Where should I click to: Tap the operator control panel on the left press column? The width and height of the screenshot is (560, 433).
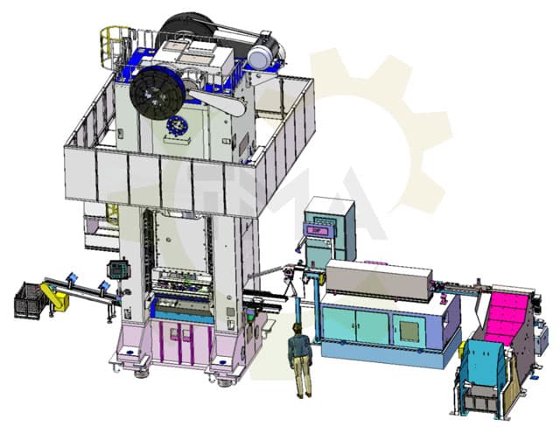tap(114, 269)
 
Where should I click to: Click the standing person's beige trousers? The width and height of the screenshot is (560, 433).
tap(302, 376)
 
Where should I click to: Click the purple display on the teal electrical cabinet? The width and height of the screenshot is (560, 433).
tap(313, 229)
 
